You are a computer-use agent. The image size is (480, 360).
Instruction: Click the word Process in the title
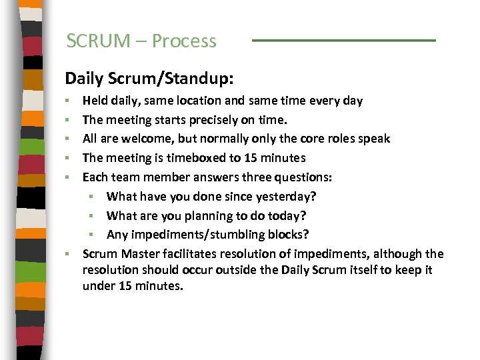coord(184,41)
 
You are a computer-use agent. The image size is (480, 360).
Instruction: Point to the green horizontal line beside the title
coord(343,41)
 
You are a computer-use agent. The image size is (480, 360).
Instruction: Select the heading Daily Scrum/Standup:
coord(149,79)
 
